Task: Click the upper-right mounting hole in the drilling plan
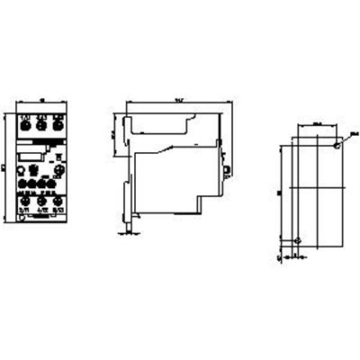[x=335, y=144]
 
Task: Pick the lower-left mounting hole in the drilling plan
[x=299, y=239]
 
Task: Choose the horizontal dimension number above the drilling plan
[x=317, y=124]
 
